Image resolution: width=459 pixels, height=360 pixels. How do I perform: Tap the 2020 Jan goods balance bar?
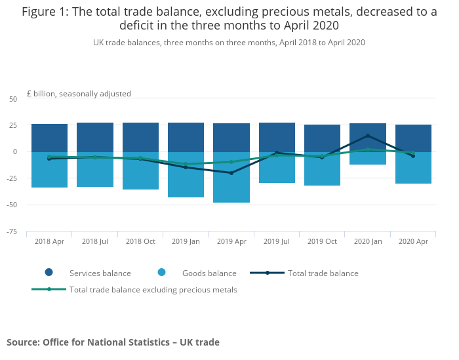tap(368, 159)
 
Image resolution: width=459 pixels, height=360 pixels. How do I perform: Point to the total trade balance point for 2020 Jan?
tap(368, 136)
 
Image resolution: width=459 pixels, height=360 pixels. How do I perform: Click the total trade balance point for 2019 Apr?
tap(231, 172)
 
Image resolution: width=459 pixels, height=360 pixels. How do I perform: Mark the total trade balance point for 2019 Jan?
tap(186, 167)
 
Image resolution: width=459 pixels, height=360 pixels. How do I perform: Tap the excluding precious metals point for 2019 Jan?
tap(186, 164)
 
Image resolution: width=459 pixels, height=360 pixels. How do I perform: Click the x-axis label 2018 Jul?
tap(95, 241)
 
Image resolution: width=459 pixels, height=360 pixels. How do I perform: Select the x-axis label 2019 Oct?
tap(322, 241)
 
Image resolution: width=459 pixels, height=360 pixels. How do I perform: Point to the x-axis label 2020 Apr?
tap(413, 241)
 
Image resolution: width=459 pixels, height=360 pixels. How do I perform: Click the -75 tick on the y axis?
tap(12, 231)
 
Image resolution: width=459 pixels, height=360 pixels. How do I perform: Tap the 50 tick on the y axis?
tap(13, 99)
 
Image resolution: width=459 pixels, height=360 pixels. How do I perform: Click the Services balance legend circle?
tap(49, 273)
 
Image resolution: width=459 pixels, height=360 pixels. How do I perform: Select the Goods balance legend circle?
tap(162, 273)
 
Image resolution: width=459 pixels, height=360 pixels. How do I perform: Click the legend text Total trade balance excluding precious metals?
tap(153, 289)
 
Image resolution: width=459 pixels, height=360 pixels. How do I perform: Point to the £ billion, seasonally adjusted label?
tap(79, 94)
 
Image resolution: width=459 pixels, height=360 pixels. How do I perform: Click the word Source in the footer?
tap(22, 342)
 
